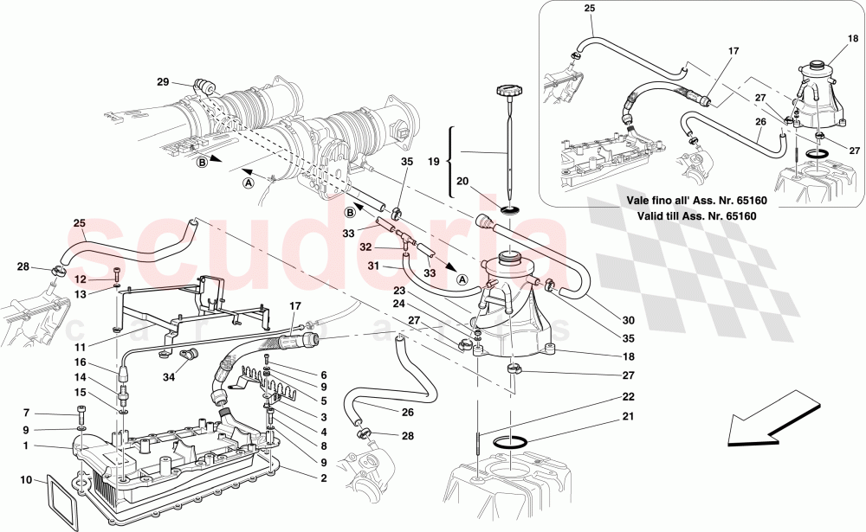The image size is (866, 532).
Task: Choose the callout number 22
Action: click(x=629, y=396)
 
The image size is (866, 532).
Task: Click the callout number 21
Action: click(x=629, y=419)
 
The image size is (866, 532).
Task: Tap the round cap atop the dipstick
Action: click(x=507, y=90)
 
